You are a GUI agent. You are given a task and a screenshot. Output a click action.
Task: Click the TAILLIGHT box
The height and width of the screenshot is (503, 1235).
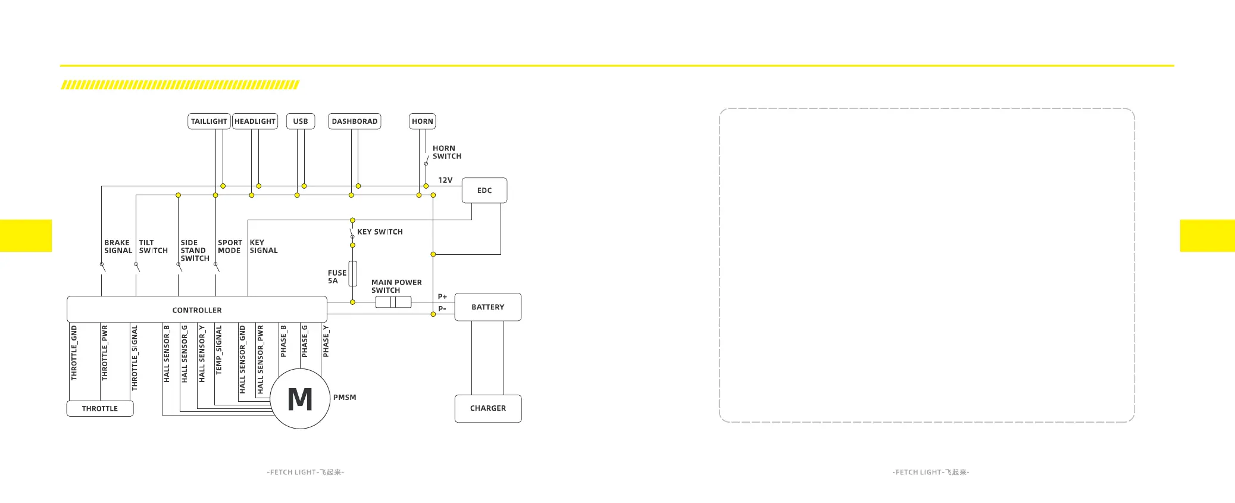pyautogui.click(x=209, y=121)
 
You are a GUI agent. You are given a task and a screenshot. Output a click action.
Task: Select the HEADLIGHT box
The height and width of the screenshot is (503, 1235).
pyautogui.click(x=255, y=121)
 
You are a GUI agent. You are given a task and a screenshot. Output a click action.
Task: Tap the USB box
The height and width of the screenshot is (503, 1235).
pyautogui.click(x=301, y=121)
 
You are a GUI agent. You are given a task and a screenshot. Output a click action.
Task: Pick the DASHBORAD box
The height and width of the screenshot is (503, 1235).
pyautogui.click(x=354, y=121)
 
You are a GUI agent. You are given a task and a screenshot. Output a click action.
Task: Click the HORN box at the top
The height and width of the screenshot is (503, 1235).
pyautogui.click(x=423, y=121)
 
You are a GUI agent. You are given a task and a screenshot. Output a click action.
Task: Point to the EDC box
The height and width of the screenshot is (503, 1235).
pyautogui.click(x=484, y=190)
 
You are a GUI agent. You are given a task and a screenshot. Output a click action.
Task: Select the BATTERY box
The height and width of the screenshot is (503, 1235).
pyautogui.click(x=487, y=307)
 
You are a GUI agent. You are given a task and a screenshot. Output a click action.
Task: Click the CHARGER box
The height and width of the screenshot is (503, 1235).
pyautogui.click(x=487, y=408)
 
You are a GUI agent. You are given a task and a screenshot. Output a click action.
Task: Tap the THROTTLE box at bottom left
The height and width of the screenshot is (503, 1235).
pyautogui.click(x=100, y=408)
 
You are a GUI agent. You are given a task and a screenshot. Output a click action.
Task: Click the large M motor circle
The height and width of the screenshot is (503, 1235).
pyautogui.click(x=300, y=399)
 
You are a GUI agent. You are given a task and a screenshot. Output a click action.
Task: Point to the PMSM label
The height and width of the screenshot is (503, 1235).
pyautogui.click(x=345, y=398)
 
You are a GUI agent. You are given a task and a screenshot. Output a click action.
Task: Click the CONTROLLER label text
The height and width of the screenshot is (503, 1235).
pyautogui.click(x=197, y=310)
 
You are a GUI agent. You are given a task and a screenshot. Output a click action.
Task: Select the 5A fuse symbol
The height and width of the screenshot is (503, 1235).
pyautogui.click(x=353, y=274)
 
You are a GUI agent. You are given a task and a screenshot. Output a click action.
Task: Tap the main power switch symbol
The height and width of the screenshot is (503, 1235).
pyautogui.click(x=393, y=302)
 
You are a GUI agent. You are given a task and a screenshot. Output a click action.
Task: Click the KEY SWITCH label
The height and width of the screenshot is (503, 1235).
pyautogui.click(x=380, y=232)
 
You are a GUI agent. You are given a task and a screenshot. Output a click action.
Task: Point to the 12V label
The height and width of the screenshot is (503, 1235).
pyautogui.click(x=445, y=180)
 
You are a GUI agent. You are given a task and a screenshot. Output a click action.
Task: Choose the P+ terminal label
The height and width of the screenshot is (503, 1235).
pyautogui.click(x=442, y=296)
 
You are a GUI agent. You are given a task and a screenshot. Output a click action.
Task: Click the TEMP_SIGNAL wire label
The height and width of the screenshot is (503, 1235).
pyautogui.click(x=219, y=350)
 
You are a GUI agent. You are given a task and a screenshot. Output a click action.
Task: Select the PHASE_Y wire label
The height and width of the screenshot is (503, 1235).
pyautogui.click(x=326, y=342)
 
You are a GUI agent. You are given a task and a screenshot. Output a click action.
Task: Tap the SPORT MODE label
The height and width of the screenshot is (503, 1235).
pyautogui.click(x=230, y=246)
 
